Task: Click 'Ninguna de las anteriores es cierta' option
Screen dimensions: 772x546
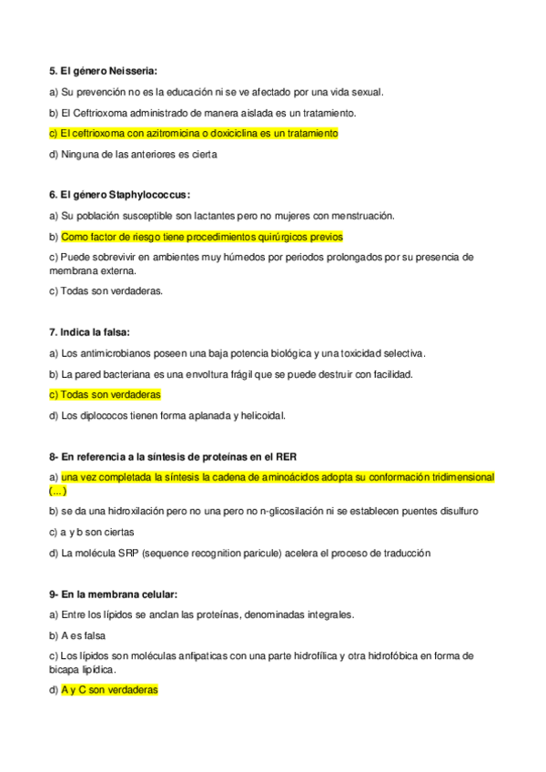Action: (x=138, y=154)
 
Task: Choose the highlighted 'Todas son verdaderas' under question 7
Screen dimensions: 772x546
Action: (x=109, y=395)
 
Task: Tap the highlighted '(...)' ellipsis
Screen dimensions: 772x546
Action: (x=57, y=490)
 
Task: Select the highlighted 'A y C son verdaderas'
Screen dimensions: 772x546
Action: (x=109, y=690)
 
